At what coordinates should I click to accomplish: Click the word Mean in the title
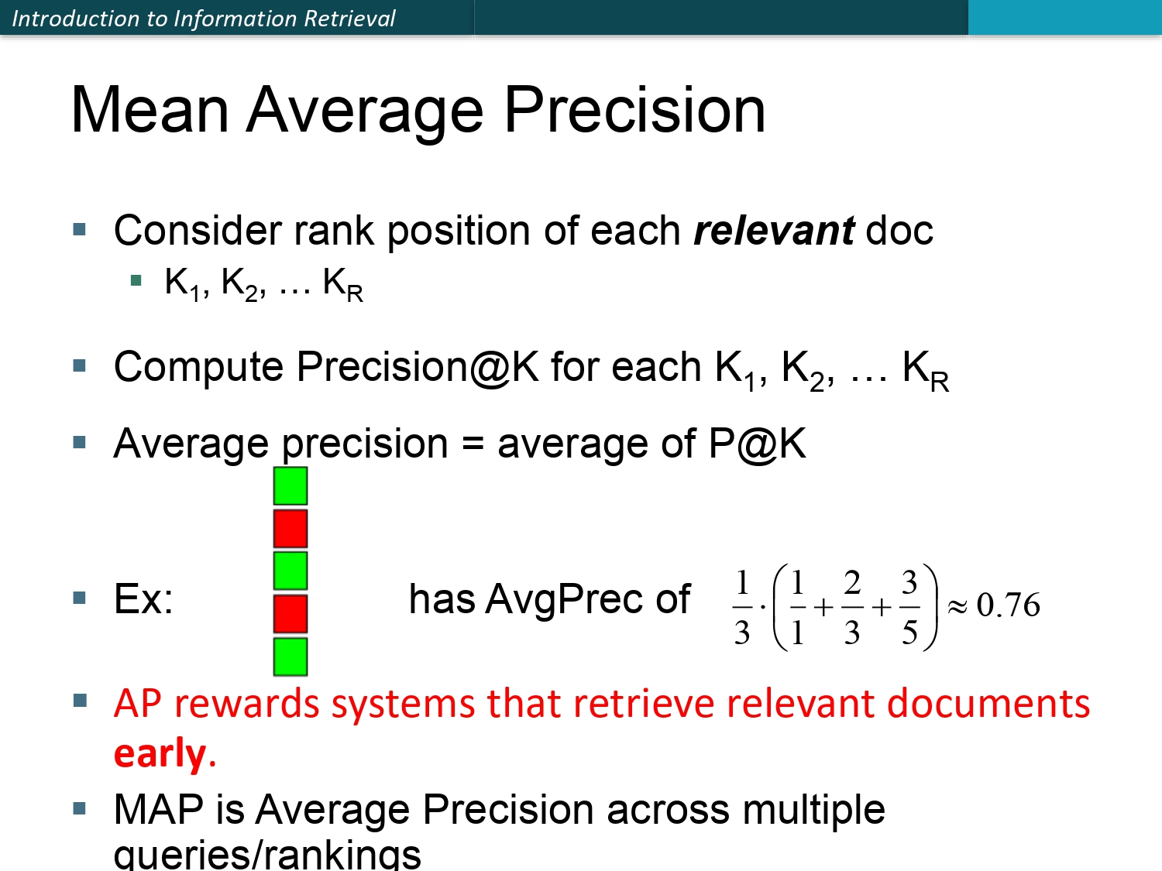pyautogui.click(x=150, y=110)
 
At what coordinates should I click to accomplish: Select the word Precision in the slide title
pyautogui.click(x=634, y=110)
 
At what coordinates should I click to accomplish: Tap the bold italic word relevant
pyautogui.click(x=773, y=231)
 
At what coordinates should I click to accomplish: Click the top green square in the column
pyautogui.click(x=290, y=485)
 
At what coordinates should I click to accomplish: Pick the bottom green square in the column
pyautogui.click(x=290, y=657)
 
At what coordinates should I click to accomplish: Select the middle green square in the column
pyautogui.click(x=290, y=571)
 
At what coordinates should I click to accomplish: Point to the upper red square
pyautogui.click(x=290, y=528)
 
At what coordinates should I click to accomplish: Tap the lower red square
pyautogui.click(x=290, y=614)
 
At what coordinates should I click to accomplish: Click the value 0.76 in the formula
pyautogui.click(x=1008, y=605)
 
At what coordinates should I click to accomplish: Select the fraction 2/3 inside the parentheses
pyautogui.click(x=852, y=607)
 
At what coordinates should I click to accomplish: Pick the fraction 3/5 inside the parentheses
pyautogui.click(x=909, y=607)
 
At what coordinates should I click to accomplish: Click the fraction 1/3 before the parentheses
pyautogui.click(x=742, y=607)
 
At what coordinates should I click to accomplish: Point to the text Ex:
pyautogui.click(x=143, y=599)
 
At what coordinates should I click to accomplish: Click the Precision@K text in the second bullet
pyautogui.click(x=418, y=367)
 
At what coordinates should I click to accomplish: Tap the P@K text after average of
pyautogui.click(x=757, y=443)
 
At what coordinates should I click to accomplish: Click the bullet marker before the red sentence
pyautogui.click(x=80, y=701)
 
